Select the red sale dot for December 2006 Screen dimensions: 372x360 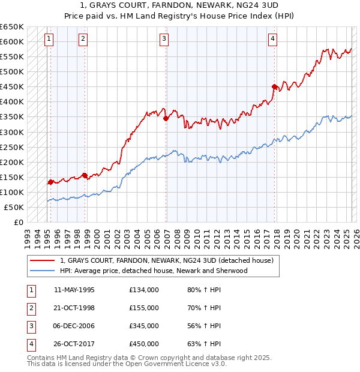click(165, 118)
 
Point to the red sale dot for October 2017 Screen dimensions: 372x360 click(274, 86)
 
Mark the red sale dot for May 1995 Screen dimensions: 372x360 click(50, 182)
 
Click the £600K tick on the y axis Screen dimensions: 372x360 click(13, 41)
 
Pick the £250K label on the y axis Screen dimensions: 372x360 click(13, 147)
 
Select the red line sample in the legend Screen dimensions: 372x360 click(41, 260)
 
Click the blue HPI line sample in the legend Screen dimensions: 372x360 click(41, 271)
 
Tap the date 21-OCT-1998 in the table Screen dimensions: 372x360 click(74, 308)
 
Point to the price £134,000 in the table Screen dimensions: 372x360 click(144, 290)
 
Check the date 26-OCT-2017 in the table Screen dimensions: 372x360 click(74, 344)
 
